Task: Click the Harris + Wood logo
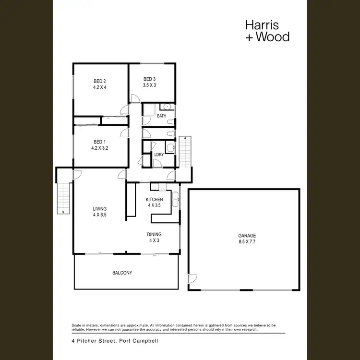(267, 30)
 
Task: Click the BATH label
(161, 116)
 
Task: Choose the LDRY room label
(159, 155)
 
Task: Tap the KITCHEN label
(155, 200)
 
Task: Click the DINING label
(155, 234)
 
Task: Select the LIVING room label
(99, 209)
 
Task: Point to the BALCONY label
(122, 273)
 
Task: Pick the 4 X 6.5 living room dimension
(99, 215)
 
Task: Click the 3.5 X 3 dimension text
(149, 85)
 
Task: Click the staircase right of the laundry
(185, 151)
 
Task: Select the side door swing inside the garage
(192, 278)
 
